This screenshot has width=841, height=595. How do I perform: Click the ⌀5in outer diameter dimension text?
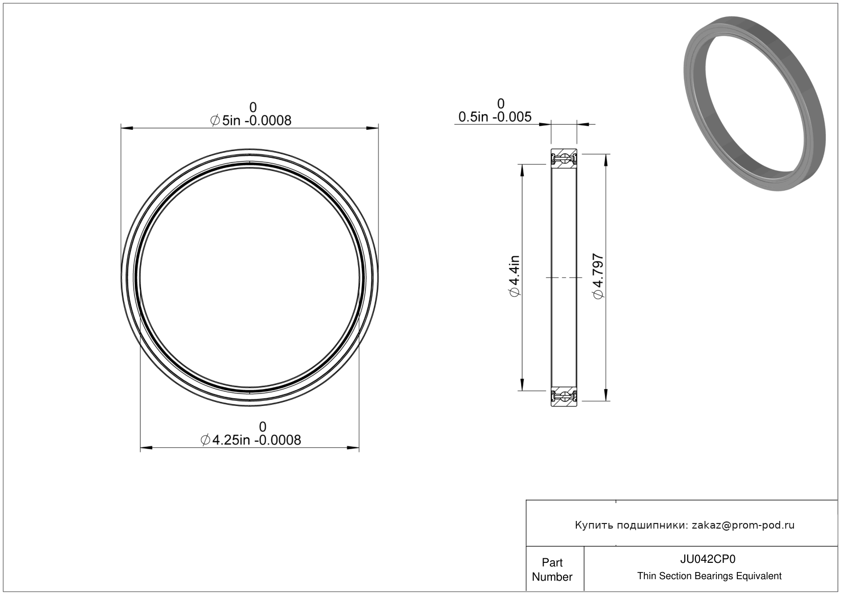(x=251, y=121)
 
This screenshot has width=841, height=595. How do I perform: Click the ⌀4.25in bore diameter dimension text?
(x=251, y=440)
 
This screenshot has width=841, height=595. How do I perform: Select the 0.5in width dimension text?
(x=495, y=117)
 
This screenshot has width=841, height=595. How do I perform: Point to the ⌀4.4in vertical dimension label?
(x=514, y=276)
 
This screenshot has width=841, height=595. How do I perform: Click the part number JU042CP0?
(x=708, y=559)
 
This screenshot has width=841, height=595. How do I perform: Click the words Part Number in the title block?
(x=552, y=569)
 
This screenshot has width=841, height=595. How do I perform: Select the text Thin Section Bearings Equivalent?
(x=709, y=576)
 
